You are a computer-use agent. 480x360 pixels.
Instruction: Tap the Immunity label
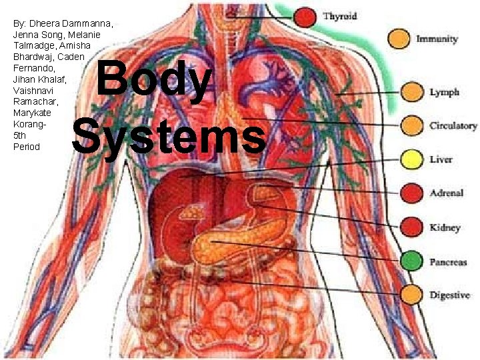pyautogui.click(x=437, y=39)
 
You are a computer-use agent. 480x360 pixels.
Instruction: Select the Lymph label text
pyautogui.click(x=445, y=92)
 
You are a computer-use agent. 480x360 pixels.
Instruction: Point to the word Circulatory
pyautogui.click(x=453, y=125)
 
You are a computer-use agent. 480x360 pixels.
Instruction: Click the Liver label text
pyautogui.click(x=441, y=160)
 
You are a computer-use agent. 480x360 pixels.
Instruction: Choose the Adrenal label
pyautogui.click(x=447, y=193)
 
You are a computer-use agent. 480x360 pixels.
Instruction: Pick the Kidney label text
pyautogui.click(x=445, y=227)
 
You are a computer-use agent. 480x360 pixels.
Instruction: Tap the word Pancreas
pyautogui.click(x=448, y=262)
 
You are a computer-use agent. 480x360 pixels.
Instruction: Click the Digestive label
pyautogui.click(x=449, y=295)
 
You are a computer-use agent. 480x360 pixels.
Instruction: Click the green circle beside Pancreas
pyautogui.click(x=412, y=260)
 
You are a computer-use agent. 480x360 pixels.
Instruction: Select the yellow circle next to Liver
pyautogui.click(x=412, y=159)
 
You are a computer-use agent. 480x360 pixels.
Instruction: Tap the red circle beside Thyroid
pyautogui.click(x=306, y=16)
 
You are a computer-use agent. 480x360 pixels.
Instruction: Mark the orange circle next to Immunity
pyautogui.click(x=400, y=39)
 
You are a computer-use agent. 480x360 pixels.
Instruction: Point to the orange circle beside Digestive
pyautogui.click(x=412, y=294)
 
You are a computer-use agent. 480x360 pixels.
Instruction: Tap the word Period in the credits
pyautogui.click(x=27, y=147)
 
